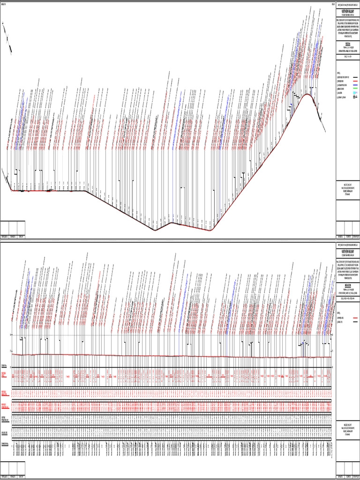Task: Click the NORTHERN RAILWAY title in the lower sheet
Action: pyautogui.click(x=348, y=252)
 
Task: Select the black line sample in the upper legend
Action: pyautogui.click(x=355, y=77)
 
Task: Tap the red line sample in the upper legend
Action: pyautogui.click(x=355, y=81)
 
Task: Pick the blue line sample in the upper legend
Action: pyautogui.click(x=355, y=85)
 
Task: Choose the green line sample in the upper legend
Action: pyautogui.click(x=355, y=89)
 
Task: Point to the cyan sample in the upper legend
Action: pyautogui.click(x=355, y=93)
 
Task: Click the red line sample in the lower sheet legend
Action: pyautogui.click(x=355, y=318)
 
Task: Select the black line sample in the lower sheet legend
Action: pyautogui.click(x=355, y=322)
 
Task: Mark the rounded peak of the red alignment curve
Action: pyautogui.click(x=307, y=95)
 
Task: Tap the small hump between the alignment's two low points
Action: pyautogui.click(x=171, y=223)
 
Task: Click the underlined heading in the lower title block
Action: pyautogui.click(x=348, y=283)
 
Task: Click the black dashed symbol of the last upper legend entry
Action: pyautogui.click(x=355, y=97)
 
